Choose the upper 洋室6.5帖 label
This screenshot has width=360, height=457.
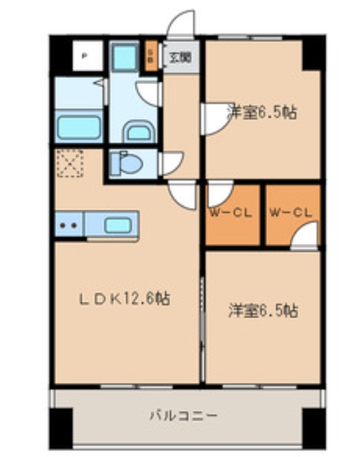[262, 112]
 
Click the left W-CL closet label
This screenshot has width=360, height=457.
[230, 212]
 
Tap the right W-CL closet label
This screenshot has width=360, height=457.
[290, 212]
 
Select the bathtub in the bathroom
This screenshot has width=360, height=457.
[78, 127]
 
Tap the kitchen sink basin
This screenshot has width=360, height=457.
[118, 225]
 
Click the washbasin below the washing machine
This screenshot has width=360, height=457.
[139, 132]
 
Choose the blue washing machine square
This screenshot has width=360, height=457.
[125, 57]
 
